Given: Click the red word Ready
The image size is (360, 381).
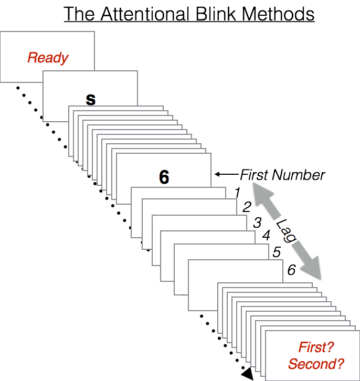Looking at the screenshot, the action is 48,57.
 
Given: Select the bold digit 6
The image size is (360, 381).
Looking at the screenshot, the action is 164,178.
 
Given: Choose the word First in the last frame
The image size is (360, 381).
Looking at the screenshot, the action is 313,347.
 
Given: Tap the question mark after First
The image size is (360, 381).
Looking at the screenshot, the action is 331,347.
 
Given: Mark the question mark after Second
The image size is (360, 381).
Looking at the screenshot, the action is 340,363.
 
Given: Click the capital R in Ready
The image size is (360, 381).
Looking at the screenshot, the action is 32,57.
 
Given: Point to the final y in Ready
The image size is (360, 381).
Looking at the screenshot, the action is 65,59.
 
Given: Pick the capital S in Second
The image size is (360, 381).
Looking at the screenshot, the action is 292,363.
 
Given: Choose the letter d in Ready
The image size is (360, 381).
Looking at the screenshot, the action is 57,57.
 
